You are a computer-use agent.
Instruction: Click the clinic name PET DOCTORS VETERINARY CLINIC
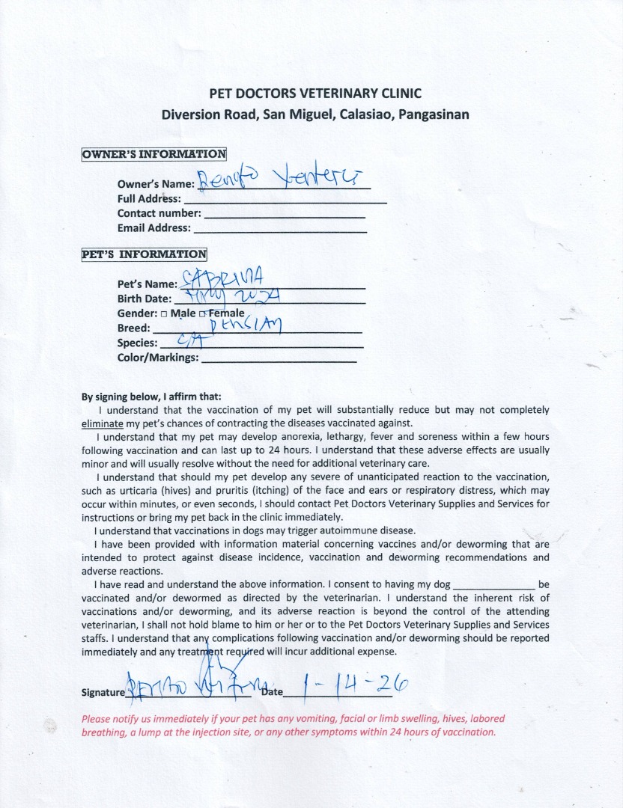pyautogui.click(x=314, y=94)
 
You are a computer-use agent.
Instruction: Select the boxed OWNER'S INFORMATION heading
pyautogui.click(x=154, y=154)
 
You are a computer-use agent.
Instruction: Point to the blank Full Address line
pyautogui.click(x=285, y=201)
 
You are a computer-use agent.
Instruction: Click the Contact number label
pyautogui.click(x=159, y=213)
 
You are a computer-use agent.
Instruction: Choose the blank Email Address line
pyautogui.click(x=280, y=229)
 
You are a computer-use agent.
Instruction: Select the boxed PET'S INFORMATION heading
pyautogui.click(x=144, y=254)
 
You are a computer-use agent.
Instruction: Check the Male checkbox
pyautogui.click(x=163, y=313)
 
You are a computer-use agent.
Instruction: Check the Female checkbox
pyautogui.click(x=202, y=313)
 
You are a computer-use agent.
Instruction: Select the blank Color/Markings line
pyautogui.click(x=279, y=358)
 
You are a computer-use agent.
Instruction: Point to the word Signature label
pyautogui.click(x=102, y=693)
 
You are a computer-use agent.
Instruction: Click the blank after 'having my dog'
pyautogui.click(x=494, y=584)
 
